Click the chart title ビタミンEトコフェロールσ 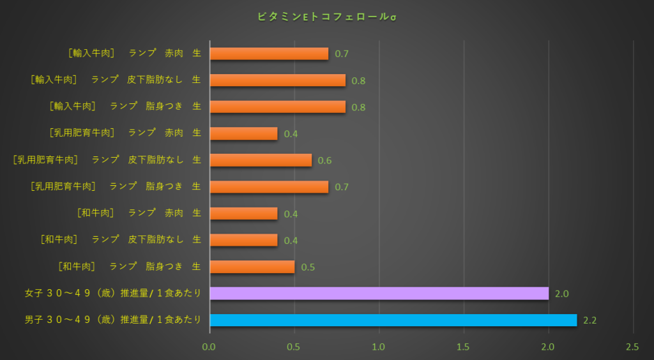click(326, 16)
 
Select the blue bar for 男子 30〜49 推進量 click(393, 320)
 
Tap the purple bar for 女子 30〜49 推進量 click(379, 293)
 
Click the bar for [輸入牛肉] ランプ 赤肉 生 click(269, 54)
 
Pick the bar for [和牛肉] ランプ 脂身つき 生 click(252, 267)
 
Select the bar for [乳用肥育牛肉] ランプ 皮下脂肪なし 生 click(261, 160)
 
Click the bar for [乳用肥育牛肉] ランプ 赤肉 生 click(243, 133)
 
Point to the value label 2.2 click(589, 320)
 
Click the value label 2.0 click(561, 294)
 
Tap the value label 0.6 click(324, 160)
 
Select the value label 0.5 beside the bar click(307, 267)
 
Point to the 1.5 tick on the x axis click(463, 347)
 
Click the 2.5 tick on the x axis click(632, 347)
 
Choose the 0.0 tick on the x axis click(209, 347)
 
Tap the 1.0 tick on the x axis click(379, 347)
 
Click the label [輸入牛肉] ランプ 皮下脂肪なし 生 click(116, 80)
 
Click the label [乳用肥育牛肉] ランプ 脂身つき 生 click(116, 186)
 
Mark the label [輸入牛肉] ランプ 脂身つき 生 click(125, 107)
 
